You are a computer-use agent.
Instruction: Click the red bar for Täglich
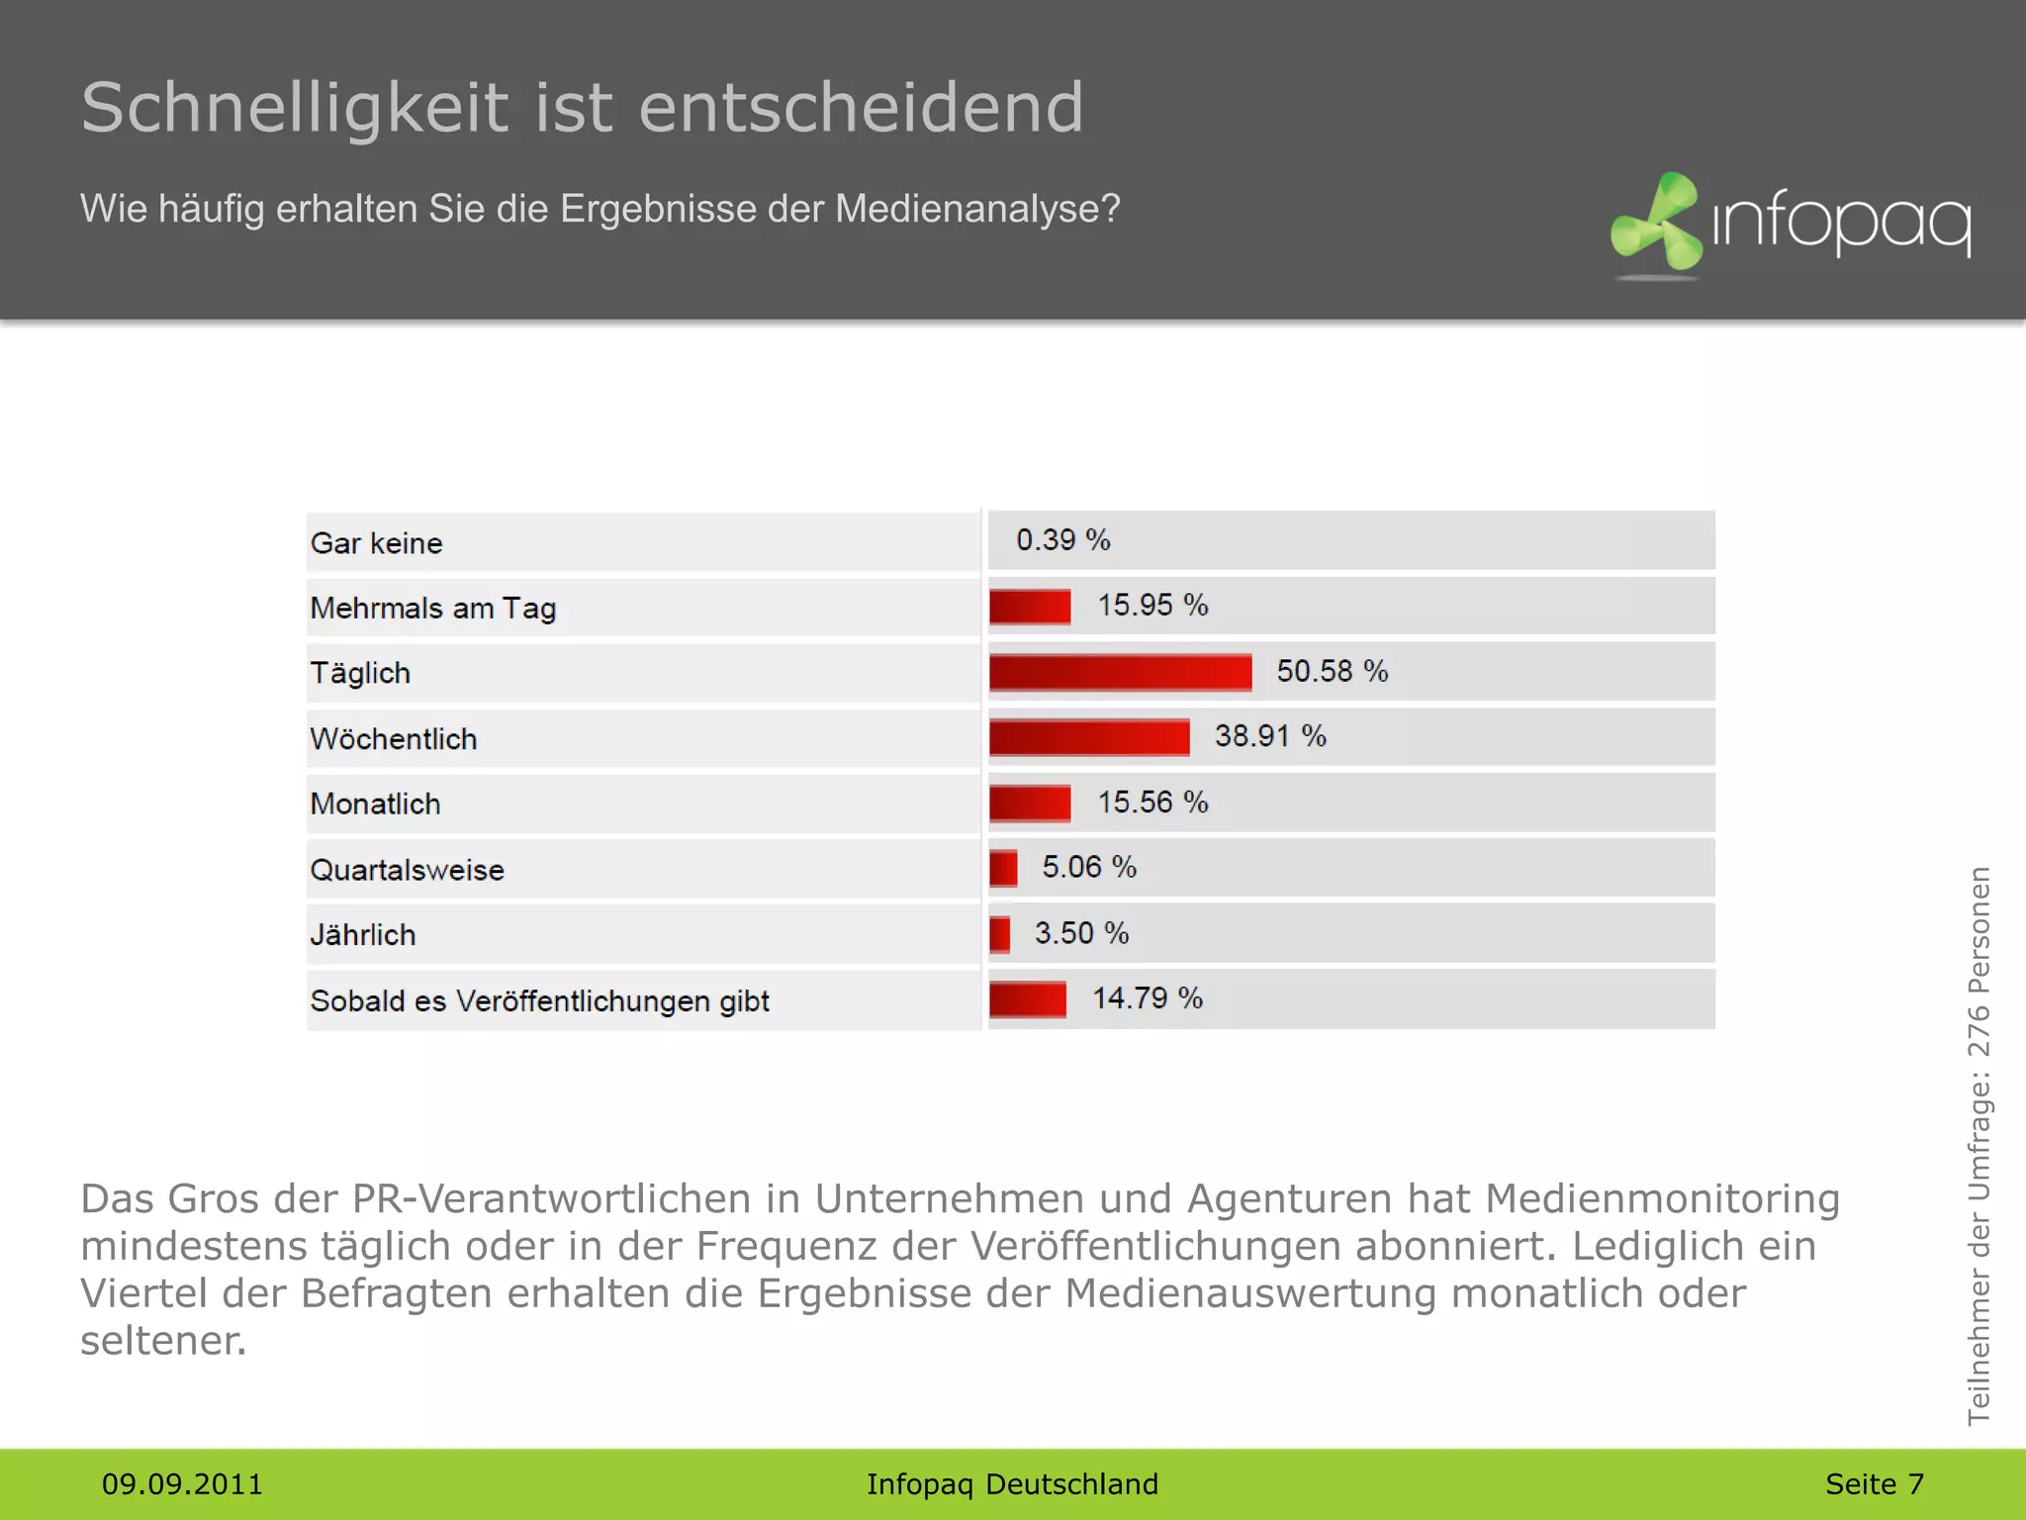[1120, 672]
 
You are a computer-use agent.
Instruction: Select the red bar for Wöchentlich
[1089, 737]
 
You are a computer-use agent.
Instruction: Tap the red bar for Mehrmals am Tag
[1030, 607]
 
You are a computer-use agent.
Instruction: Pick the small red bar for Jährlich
[1000, 933]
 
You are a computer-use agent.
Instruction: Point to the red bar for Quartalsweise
[1003, 868]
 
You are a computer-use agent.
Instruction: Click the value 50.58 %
[1332, 671]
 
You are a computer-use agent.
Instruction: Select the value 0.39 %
[1062, 540]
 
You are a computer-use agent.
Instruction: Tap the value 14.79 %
[1147, 997]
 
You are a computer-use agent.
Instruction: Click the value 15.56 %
[1152, 802]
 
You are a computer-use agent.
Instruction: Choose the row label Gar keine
[376, 543]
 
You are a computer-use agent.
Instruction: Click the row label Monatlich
[375, 804]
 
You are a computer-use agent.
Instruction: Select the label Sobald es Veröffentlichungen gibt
[539, 1000]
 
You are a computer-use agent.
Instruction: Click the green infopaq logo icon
[1657, 223]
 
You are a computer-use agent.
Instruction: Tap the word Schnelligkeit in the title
[295, 108]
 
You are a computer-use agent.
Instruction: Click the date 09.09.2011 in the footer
[182, 1484]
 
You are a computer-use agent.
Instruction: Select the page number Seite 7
[1874, 1484]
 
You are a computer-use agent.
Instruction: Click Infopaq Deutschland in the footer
[1012, 1484]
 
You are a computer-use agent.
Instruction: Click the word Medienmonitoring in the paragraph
[1662, 1198]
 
